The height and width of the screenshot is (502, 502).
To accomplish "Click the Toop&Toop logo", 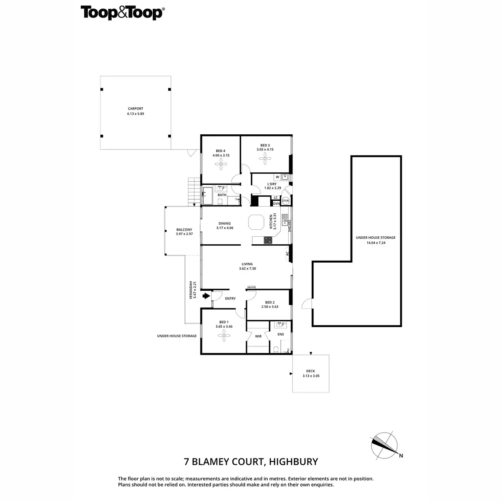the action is coord(122,13).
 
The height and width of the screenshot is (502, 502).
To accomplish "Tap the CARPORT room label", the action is coord(136,109).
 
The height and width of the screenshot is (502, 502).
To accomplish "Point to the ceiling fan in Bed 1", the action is coord(224,334).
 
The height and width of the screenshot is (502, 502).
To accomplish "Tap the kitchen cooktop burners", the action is coord(267,240).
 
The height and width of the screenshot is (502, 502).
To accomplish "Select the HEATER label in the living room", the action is coord(251,287).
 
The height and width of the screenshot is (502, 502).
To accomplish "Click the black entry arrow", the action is coord(206,296).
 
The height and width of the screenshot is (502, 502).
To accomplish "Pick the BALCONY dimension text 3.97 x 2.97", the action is coord(184,234).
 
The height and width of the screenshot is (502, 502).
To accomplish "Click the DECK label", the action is coord(310,371).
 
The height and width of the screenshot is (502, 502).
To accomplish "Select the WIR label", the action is coord(258,336).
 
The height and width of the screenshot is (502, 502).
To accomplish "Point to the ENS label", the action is coord(281,334).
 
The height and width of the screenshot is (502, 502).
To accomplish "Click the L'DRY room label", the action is coord(271,184).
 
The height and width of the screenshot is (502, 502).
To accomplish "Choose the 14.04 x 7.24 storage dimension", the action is coord(376,243).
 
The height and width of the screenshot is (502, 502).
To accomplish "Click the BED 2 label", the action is coord(270,302).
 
